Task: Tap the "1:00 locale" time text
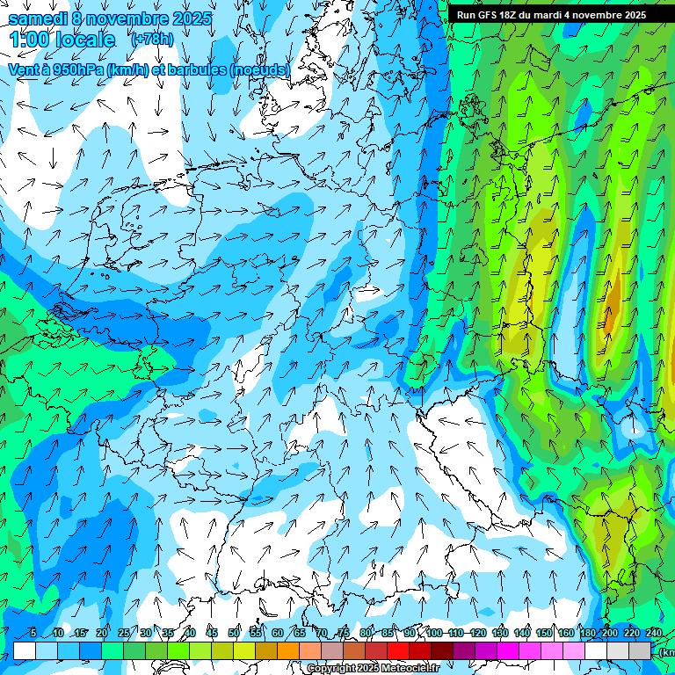coord(62,40)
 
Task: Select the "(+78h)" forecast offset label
coord(151,40)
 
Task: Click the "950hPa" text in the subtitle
coord(73,69)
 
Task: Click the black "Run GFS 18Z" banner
coord(551,14)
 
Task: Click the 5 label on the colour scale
coord(33,633)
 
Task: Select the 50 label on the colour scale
coord(234,633)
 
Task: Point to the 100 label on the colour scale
coord(434,633)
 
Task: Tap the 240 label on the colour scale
coord(654,633)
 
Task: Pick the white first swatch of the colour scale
coord(25,650)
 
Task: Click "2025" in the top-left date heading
coord(191,18)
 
